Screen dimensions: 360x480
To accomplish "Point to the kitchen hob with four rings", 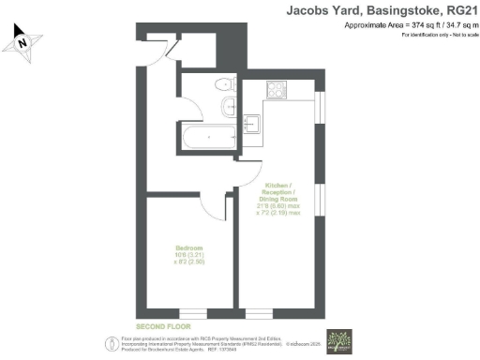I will click(277, 91).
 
